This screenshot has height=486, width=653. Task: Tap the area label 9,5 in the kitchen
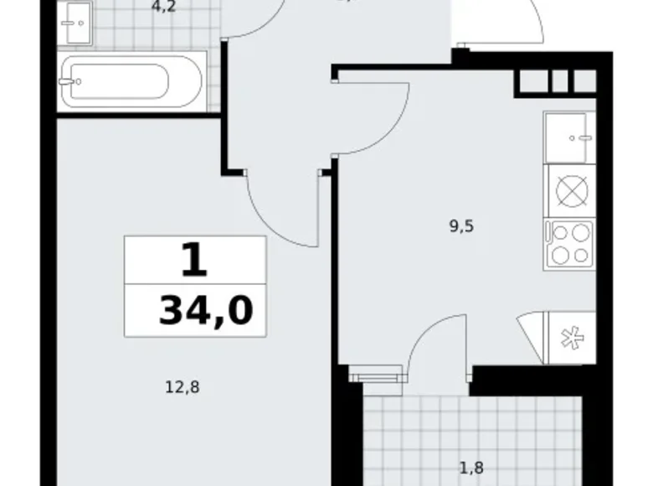point(460,225)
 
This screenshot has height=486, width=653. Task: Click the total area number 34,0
point(205,311)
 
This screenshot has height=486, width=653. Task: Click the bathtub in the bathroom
point(131,81)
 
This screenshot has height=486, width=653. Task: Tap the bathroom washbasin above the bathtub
point(78,24)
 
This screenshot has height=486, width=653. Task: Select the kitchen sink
point(570,137)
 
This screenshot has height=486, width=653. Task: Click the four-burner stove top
point(570,244)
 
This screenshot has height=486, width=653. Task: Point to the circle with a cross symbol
point(570,190)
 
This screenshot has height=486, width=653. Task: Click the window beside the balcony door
point(373,375)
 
